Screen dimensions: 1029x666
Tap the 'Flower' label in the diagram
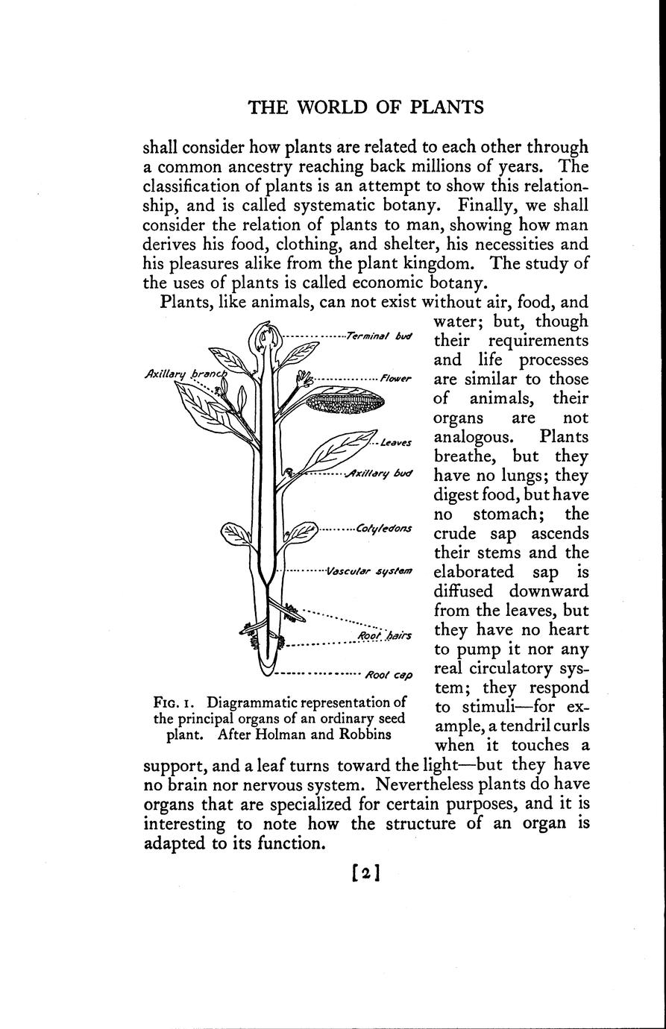tap(395, 379)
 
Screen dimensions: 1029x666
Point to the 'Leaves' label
tap(395, 443)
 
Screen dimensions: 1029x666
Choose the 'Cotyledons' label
tap(383, 529)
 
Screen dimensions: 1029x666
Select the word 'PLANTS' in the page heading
tap(447, 107)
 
